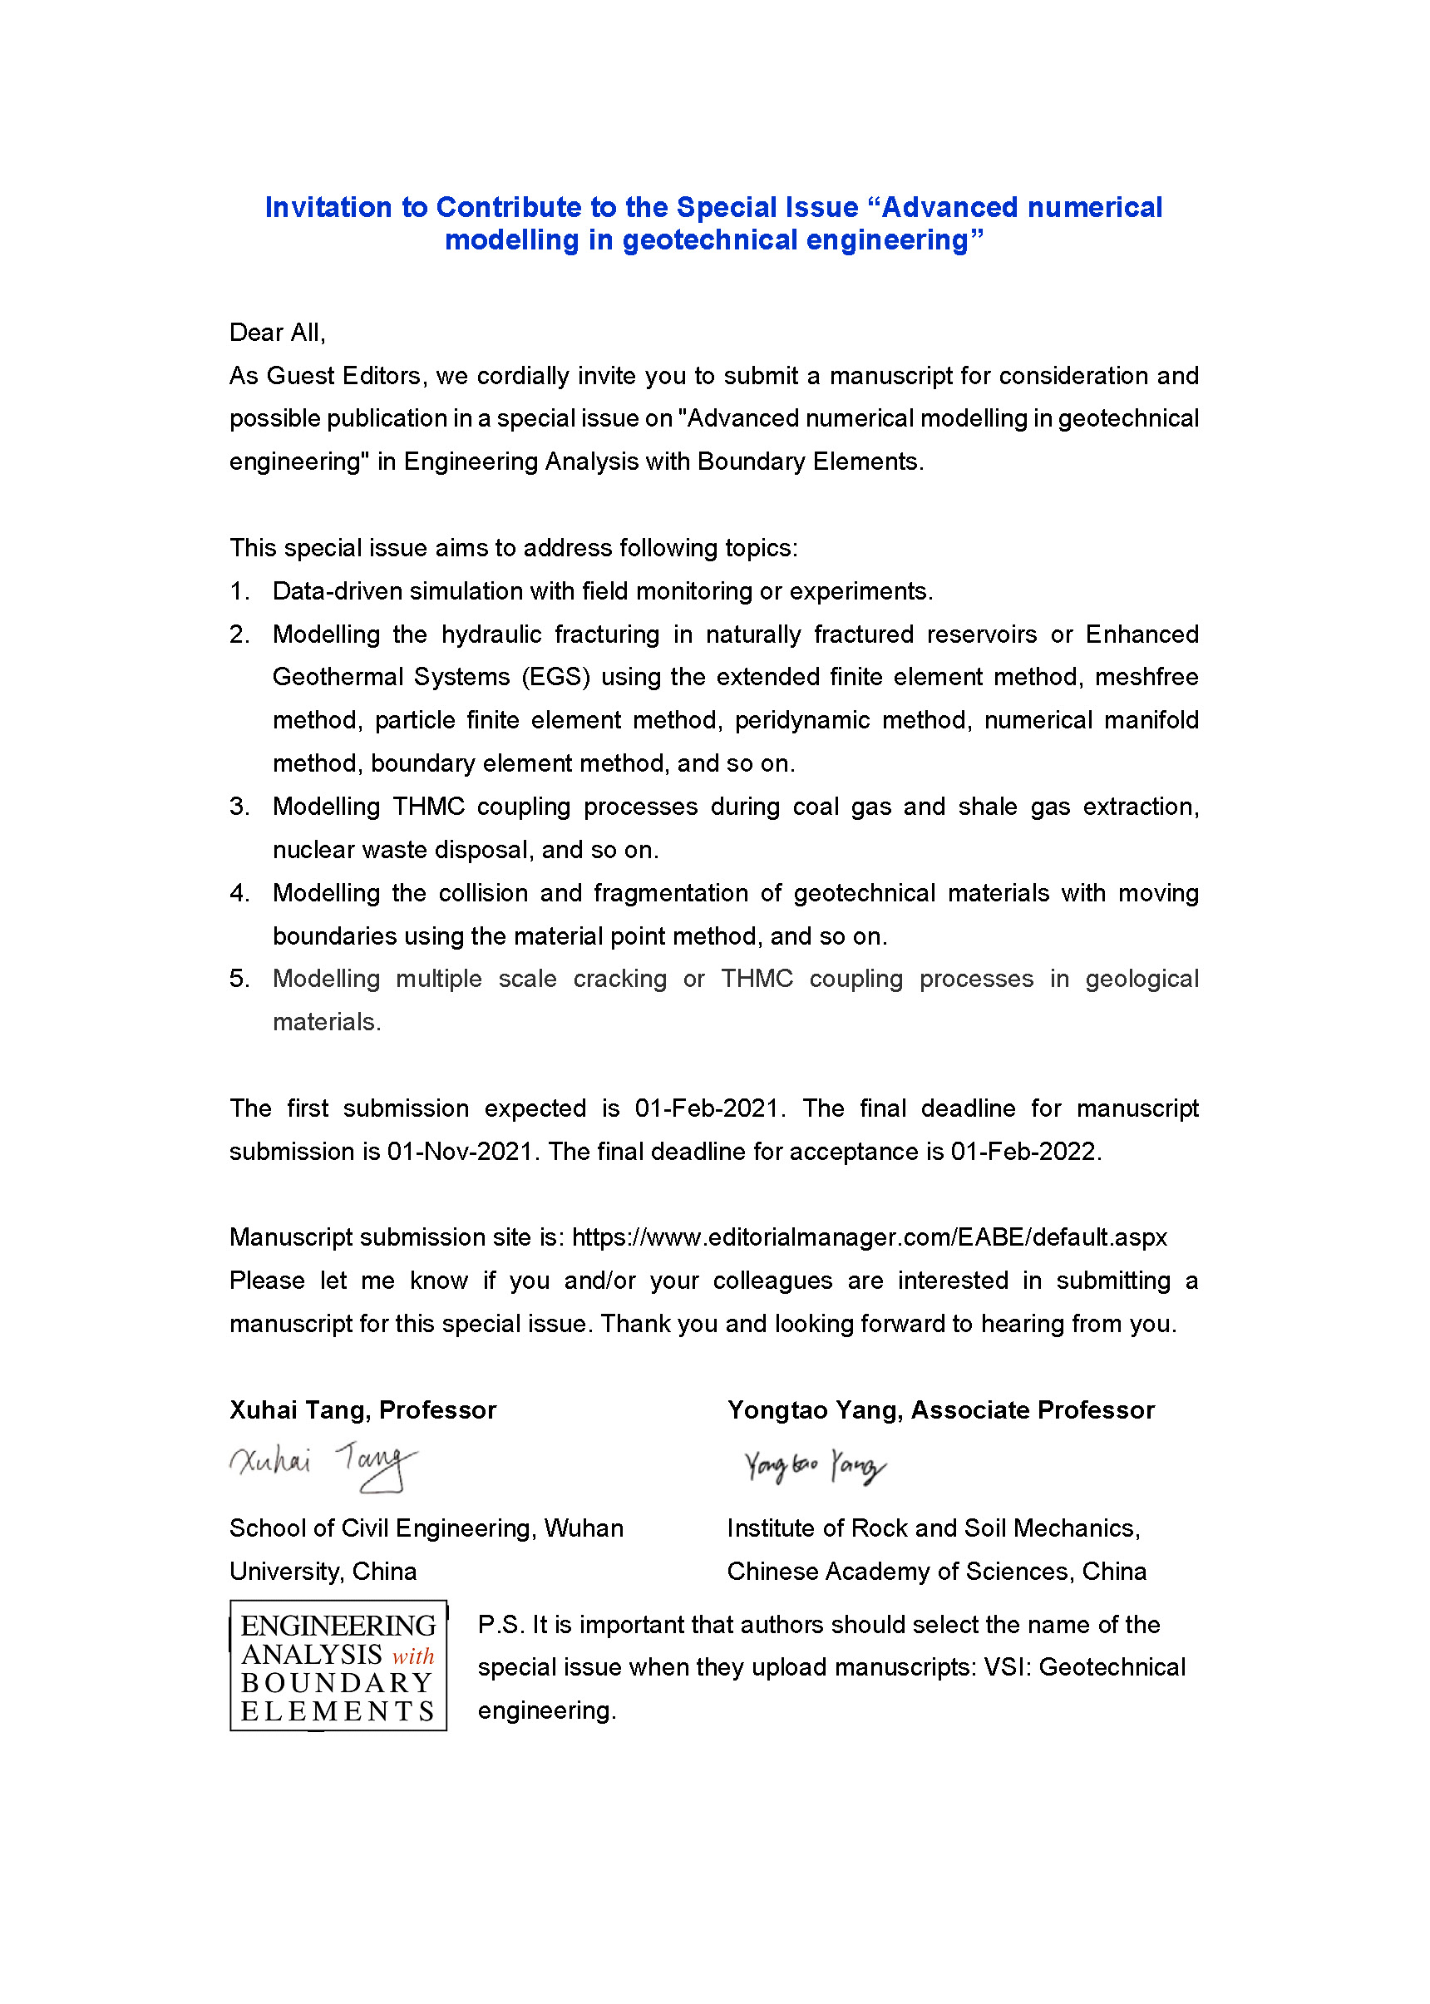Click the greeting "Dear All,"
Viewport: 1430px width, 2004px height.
(278, 333)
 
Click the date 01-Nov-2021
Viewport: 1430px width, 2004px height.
(460, 1152)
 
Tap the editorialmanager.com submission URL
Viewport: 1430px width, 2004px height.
(869, 1237)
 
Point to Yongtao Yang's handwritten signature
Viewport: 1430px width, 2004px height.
(815, 1465)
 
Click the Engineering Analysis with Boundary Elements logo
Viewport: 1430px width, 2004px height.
(338, 1665)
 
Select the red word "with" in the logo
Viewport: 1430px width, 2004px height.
(413, 1656)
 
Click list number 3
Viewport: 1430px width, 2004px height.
(238, 807)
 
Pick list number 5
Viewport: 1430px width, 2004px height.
(238, 978)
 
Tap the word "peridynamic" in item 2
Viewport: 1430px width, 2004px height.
(802, 720)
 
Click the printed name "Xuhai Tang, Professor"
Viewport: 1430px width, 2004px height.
(362, 1409)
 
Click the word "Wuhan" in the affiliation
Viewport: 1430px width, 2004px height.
(583, 1528)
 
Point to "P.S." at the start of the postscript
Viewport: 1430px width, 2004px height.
(501, 1625)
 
